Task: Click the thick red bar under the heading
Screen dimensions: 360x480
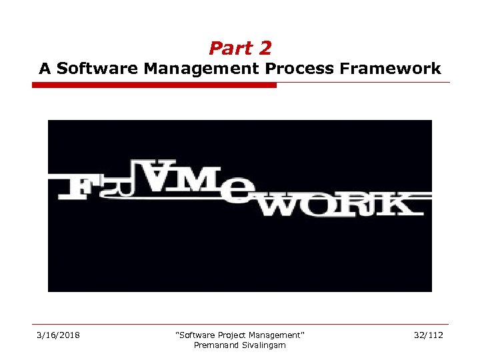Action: pyautogui.click(x=154, y=85)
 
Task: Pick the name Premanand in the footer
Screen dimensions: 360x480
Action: pyautogui.click(x=215, y=345)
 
